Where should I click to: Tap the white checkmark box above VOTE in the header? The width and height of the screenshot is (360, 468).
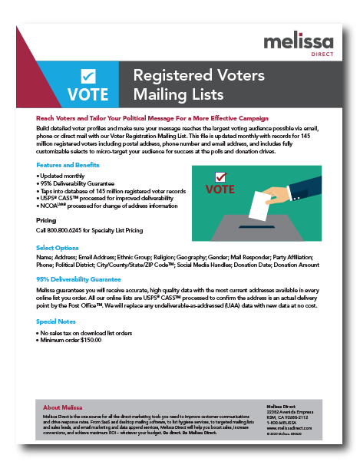88,76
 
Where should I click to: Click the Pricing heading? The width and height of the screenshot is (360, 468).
46,219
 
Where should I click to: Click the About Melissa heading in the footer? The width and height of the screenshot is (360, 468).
64,407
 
